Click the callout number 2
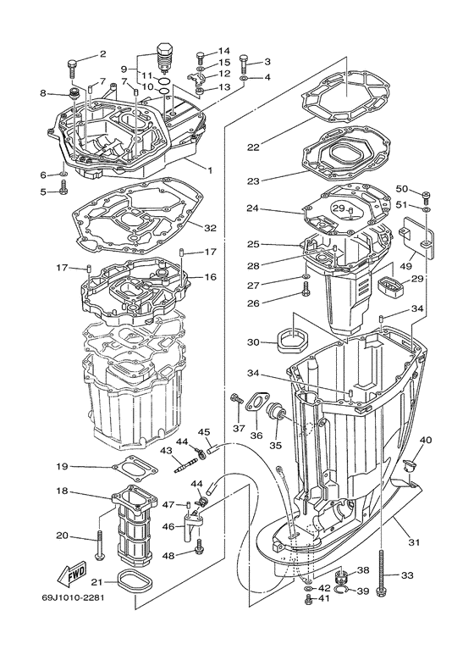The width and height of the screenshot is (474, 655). (x=102, y=54)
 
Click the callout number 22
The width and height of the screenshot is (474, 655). (x=252, y=147)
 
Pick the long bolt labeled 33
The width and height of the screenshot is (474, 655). (x=384, y=576)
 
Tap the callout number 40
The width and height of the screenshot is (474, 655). (x=425, y=440)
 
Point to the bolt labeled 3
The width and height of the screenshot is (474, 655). (x=245, y=62)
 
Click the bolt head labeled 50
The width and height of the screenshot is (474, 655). (x=426, y=196)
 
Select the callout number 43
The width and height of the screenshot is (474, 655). (x=166, y=450)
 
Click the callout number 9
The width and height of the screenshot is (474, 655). (x=124, y=68)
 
